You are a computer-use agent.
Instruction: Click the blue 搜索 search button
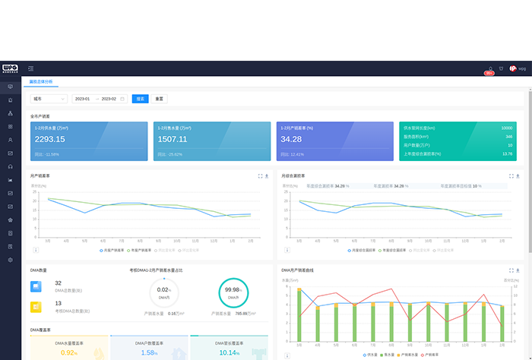(140, 99)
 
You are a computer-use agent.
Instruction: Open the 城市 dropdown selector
(49, 99)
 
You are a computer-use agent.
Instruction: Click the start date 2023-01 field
(82, 99)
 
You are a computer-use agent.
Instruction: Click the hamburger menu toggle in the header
(30, 68)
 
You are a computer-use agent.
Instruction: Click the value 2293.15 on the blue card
(50, 139)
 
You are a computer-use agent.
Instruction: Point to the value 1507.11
(173, 139)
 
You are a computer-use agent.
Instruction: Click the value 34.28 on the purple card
(291, 139)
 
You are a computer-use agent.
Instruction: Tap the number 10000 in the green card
(507, 128)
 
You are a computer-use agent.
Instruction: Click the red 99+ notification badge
(490, 73)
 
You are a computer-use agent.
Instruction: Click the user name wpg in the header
(522, 68)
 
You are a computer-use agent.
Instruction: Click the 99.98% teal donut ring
(233, 290)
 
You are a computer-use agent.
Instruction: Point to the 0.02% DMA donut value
(163, 290)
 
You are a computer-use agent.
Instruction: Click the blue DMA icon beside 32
(36, 286)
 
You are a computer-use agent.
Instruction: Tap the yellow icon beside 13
(36, 307)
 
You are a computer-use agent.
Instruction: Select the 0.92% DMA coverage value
(69, 352)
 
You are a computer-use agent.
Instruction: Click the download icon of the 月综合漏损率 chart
(520, 175)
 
